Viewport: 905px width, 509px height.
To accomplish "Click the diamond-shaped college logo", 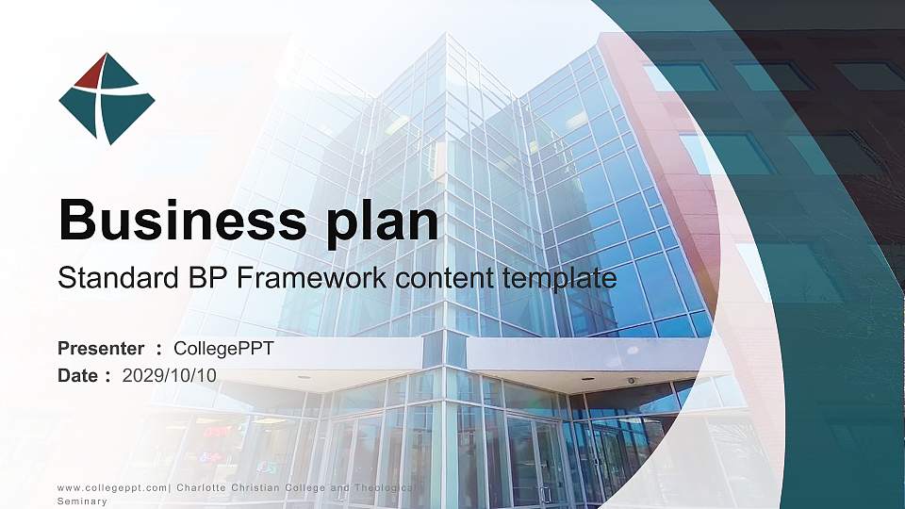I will pyautogui.click(x=107, y=99).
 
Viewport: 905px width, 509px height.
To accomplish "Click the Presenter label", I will pyautogui.click(x=101, y=349).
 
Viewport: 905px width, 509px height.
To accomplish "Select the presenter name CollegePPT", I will pyautogui.click(x=224, y=349).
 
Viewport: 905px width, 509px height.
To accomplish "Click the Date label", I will pyautogui.click(x=78, y=375).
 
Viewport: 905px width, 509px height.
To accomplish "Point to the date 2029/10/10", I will pyautogui.click(x=170, y=375).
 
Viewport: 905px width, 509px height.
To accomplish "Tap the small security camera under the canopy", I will pyautogui.click(x=632, y=381).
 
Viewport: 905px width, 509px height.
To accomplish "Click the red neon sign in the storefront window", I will pyautogui.click(x=218, y=432).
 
